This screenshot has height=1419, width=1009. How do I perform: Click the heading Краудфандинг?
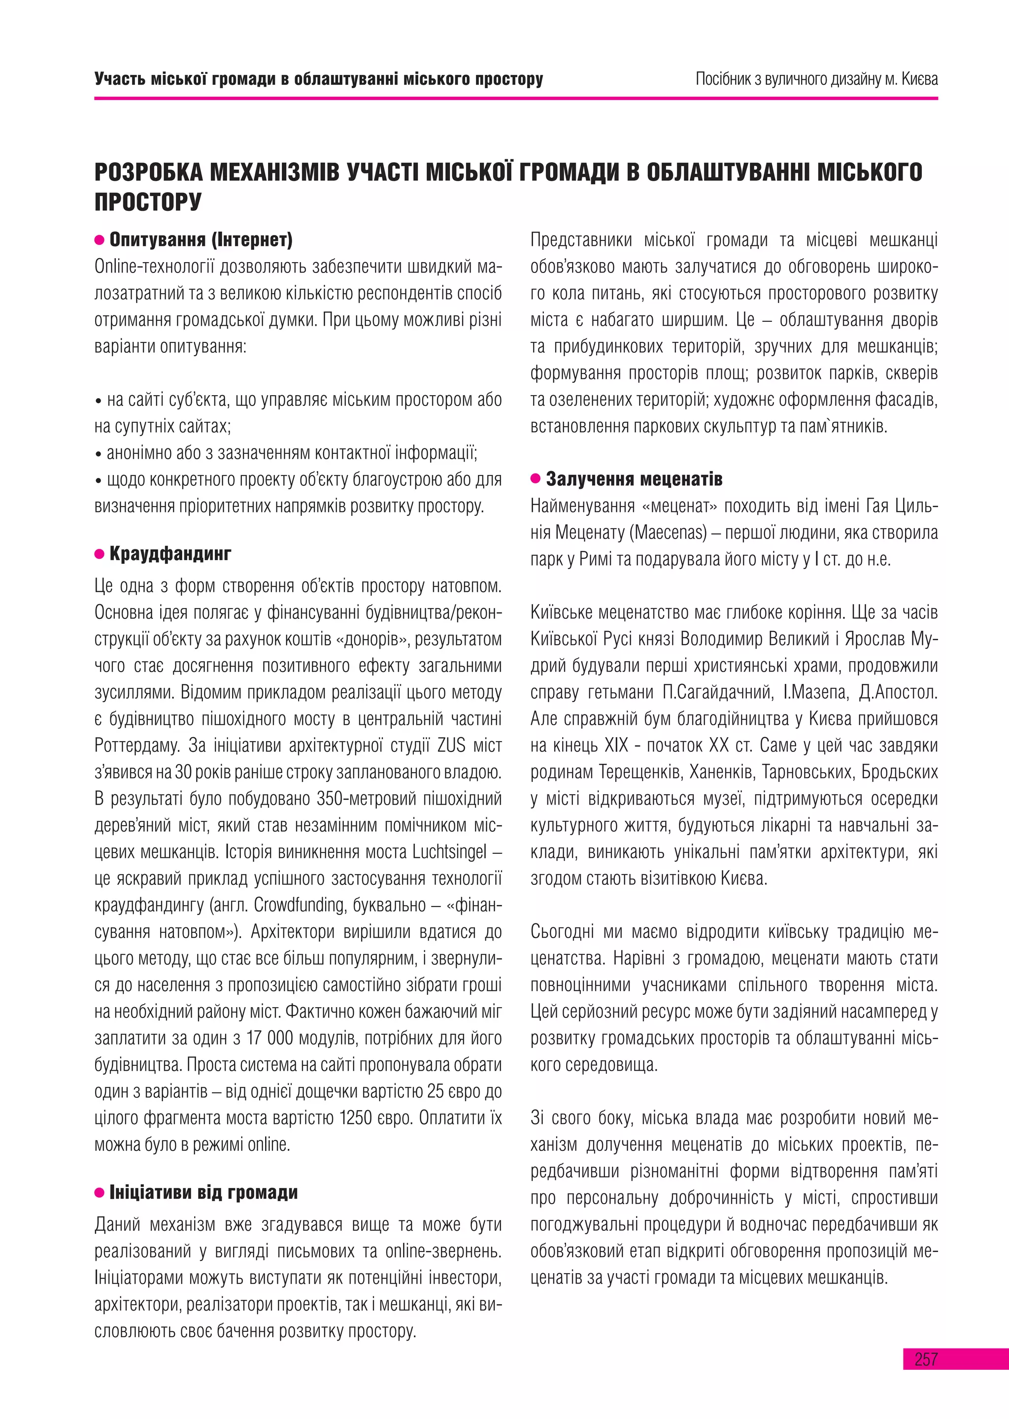[x=170, y=554]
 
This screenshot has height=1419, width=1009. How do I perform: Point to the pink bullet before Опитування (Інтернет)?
[x=100, y=240]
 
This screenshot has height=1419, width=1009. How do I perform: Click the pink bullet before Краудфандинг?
[x=100, y=554]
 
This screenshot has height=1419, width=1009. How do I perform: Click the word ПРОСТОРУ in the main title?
[x=148, y=202]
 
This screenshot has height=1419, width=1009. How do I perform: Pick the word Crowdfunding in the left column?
[x=300, y=905]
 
